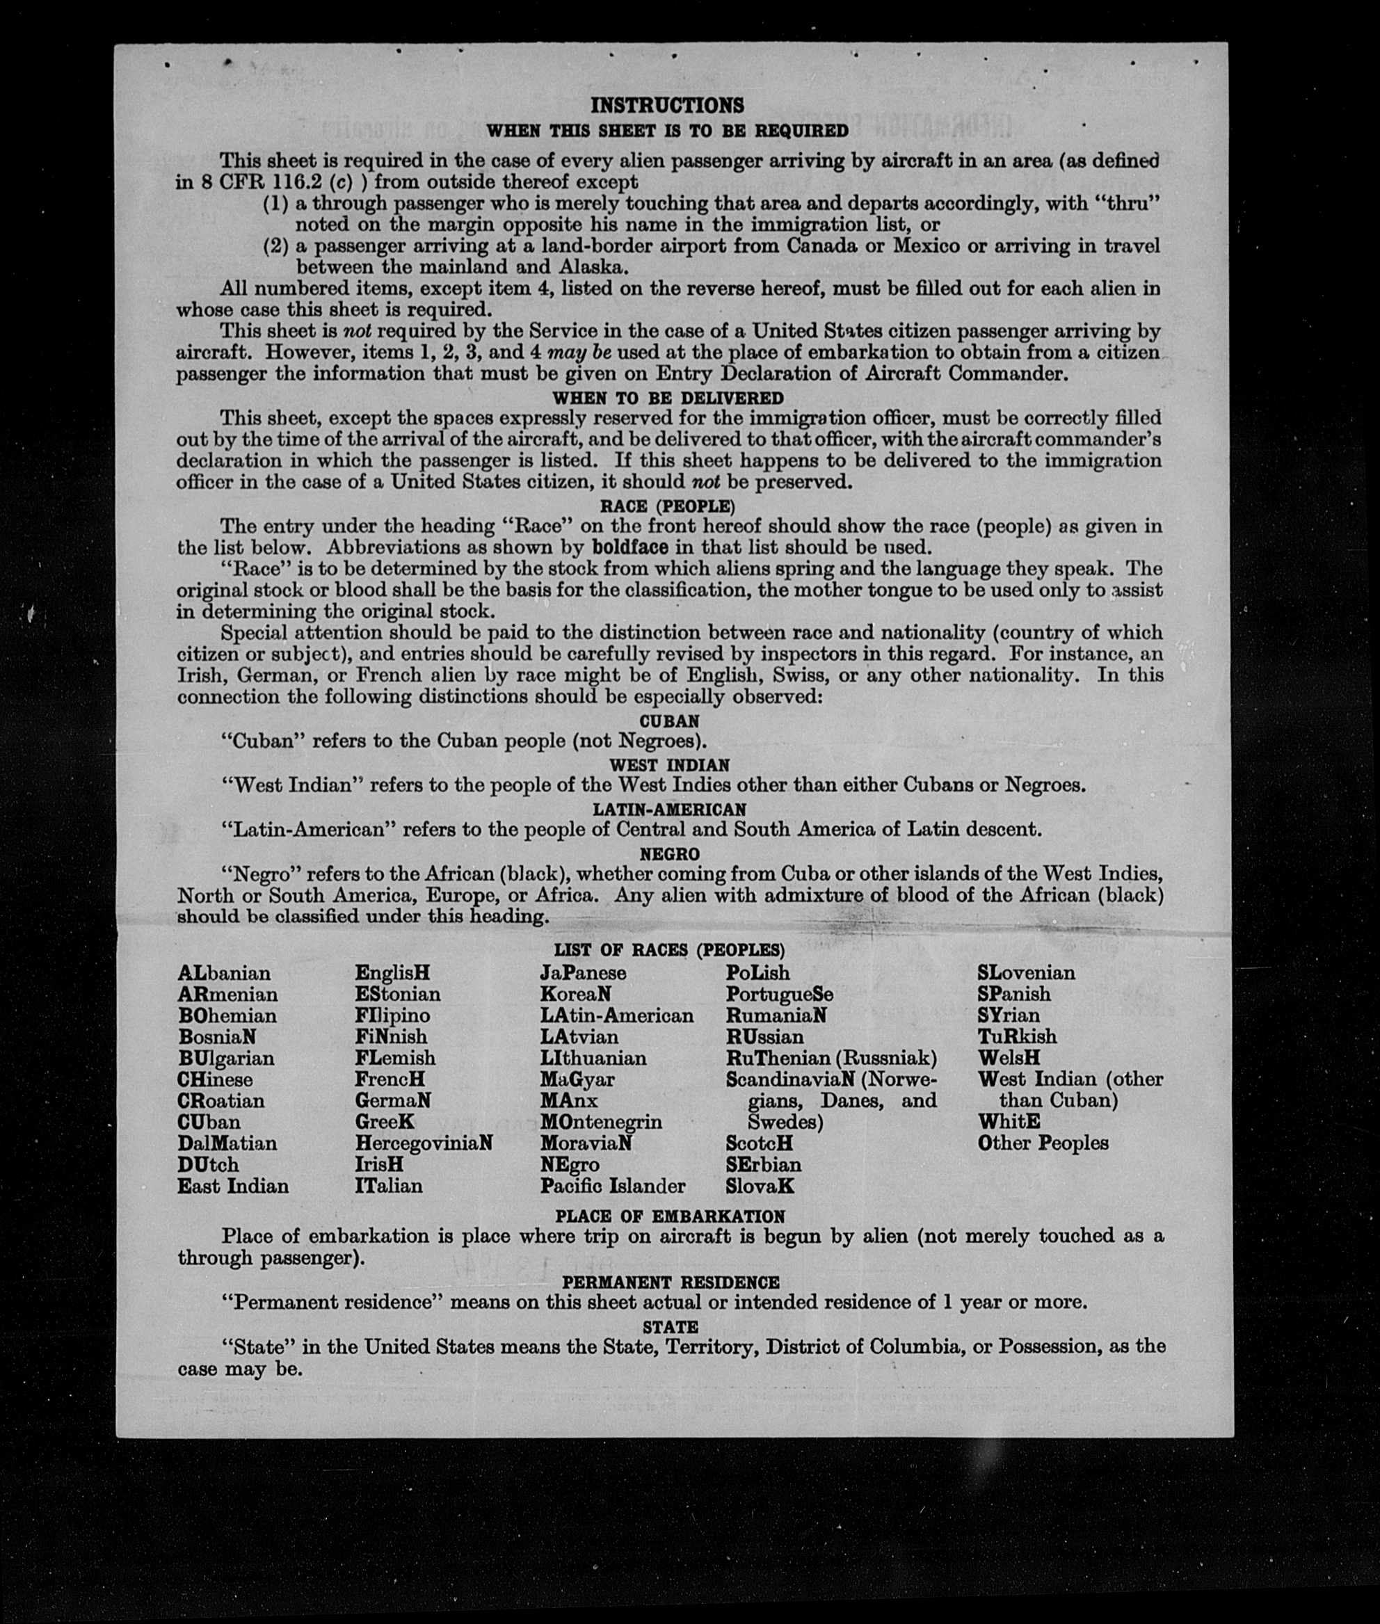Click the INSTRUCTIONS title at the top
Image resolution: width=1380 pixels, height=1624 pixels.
[667, 106]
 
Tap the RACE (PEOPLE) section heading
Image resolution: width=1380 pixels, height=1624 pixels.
[667, 506]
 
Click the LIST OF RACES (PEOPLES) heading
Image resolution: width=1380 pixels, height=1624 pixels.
[669, 951]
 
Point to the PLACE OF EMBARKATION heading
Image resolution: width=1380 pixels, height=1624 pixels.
[670, 1216]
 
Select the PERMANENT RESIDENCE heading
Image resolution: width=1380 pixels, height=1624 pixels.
[671, 1282]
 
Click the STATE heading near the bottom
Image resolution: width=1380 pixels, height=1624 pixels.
[671, 1327]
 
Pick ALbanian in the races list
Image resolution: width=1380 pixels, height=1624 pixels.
[225, 973]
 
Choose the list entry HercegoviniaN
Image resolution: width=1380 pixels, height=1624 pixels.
[423, 1143]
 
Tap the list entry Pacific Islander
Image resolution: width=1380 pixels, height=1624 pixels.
[613, 1186]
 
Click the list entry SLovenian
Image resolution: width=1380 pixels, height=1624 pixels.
[1026, 973]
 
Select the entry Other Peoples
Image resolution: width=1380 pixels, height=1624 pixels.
[1043, 1143]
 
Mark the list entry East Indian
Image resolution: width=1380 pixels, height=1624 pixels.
[233, 1186]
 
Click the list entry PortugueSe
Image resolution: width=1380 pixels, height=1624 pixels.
[779, 995]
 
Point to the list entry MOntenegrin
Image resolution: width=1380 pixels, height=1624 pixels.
[601, 1122]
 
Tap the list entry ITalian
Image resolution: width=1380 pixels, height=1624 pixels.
[389, 1186]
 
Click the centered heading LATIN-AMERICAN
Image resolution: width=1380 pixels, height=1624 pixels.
[669, 810]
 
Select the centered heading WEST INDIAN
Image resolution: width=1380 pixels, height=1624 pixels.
[669, 765]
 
